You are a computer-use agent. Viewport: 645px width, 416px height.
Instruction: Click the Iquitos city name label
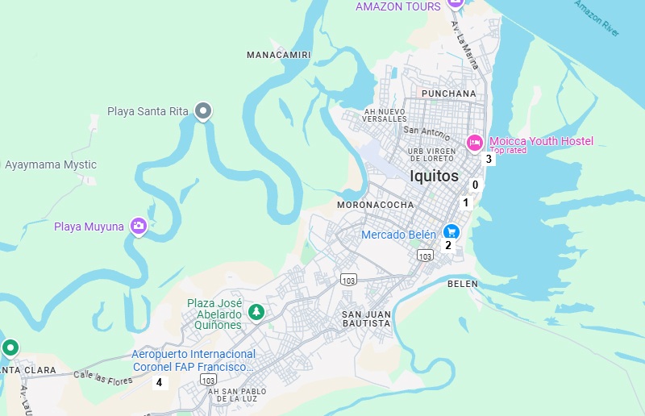tap(434, 176)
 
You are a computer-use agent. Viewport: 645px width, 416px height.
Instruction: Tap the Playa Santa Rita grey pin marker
tap(204, 111)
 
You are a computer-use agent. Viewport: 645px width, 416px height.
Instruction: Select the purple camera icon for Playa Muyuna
tap(139, 227)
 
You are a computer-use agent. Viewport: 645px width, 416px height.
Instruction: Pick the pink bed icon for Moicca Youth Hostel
tap(475, 144)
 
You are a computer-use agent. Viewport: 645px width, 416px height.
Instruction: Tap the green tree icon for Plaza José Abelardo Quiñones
tap(256, 311)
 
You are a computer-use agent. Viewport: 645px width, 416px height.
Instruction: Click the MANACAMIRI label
tap(278, 55)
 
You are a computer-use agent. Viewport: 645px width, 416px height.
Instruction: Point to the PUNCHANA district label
tap(449, 94)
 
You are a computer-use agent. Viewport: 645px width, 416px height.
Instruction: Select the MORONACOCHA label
tap(375, 205)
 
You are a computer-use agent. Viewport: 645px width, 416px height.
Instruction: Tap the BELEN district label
tap(463, 284)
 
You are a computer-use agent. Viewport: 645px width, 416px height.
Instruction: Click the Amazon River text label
tap(597, 17)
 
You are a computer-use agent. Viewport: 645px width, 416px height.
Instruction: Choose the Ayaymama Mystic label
tap(51, 164)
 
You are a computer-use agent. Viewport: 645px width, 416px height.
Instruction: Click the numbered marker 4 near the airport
tap(160, 382)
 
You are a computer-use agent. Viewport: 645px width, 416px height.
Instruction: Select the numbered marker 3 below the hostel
tap(489, 160)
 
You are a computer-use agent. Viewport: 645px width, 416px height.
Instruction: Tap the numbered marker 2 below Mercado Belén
tap(448, 246)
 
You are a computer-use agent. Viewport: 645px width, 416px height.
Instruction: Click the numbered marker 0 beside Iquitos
tap(475, 185)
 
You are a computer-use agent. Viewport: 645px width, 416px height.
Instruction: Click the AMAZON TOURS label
tap(398, 6)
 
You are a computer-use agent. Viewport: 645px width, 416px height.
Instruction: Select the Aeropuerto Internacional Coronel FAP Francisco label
tap(193, 360)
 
